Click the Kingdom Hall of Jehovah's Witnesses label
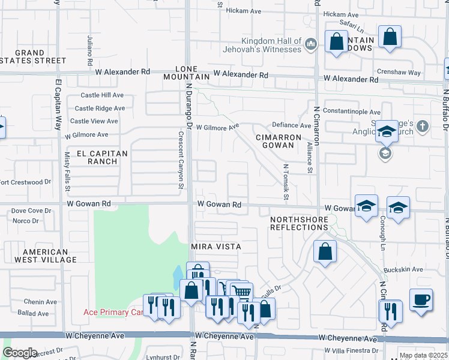[262, 44]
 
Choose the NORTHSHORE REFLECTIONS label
[299, 223]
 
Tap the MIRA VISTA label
[215, 247]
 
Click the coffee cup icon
[421, 298]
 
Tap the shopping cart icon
[241, 292]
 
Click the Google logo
[19, 353]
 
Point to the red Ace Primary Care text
[113, 312]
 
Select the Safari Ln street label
[352, 28]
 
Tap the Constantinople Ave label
[351, 112]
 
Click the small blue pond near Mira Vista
[178, 277]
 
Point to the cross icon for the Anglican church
[423, 127]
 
